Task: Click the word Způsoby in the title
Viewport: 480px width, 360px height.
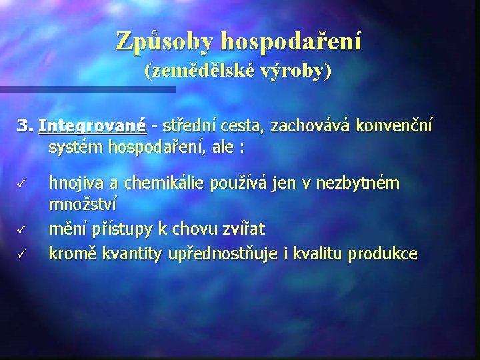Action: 165,41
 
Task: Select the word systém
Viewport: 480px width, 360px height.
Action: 75,147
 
